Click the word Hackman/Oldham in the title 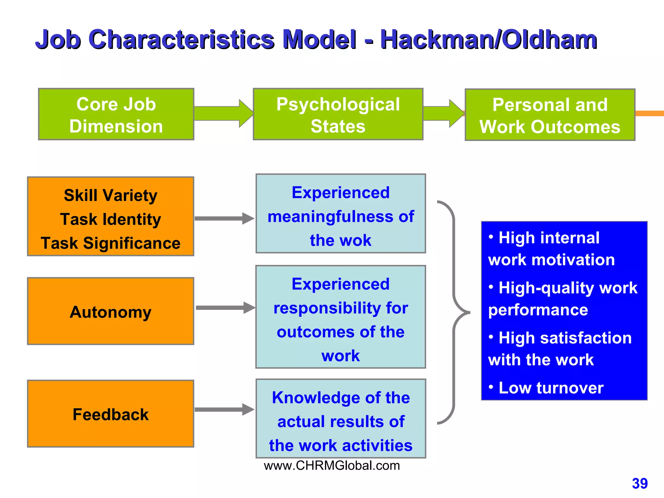coord(488,40)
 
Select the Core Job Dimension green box coord(116,114)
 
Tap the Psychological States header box coord(338,114)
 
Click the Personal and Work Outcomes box coord(550,115)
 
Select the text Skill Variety coord(111,196)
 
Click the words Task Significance coord(111,243)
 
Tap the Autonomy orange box coord(111,311)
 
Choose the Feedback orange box coord(111,414)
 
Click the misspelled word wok coord(357,241)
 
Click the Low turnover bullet coord(551,388)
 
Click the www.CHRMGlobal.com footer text coord(332,466)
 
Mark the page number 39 coord(639,483)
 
